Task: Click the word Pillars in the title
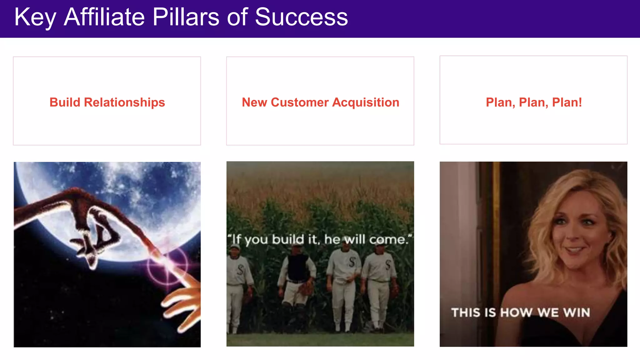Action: click(186, 17)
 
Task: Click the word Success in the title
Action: click(301, 17)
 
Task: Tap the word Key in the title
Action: click(35, 17)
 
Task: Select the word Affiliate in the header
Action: click(104, 17)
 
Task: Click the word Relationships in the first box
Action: click(124, 102)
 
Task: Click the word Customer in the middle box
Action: click(299, 102)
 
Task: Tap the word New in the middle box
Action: click(254, 102)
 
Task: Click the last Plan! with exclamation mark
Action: click(567, 102)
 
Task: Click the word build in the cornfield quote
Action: click(287, 240)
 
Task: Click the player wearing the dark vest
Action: click(297, 275)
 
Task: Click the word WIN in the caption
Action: click(577, 312)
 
